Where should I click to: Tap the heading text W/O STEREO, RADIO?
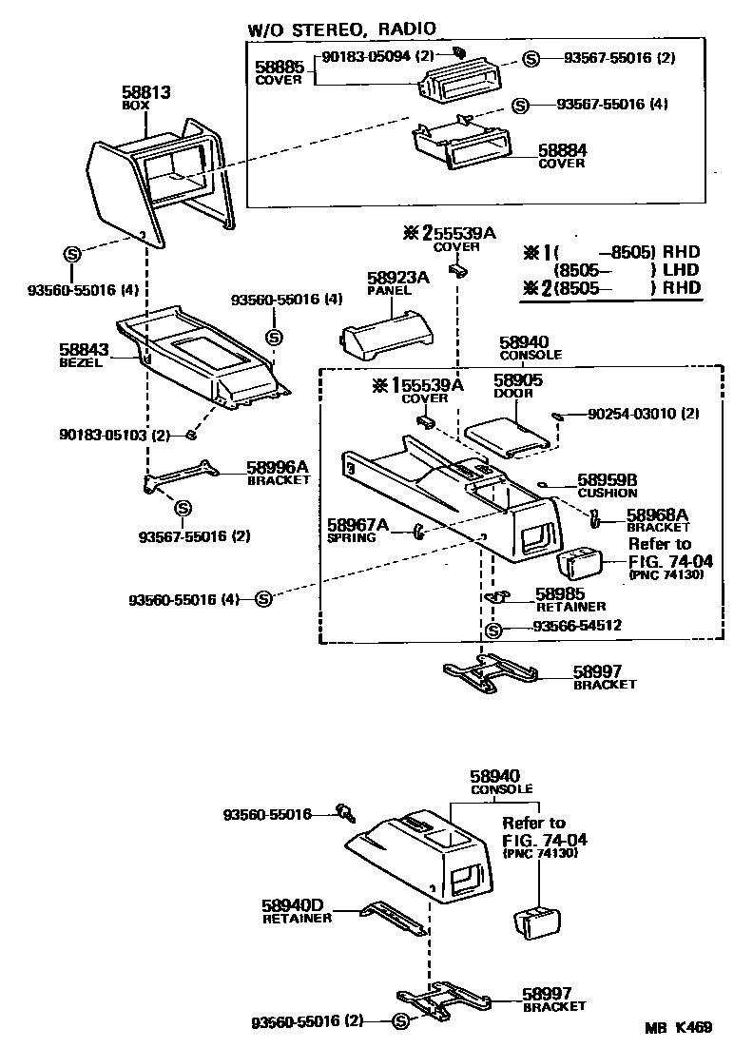pos(342,30)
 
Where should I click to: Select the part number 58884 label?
pos(563,150)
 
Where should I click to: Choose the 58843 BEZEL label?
pos(85,356)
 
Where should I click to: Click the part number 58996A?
pos(278,467)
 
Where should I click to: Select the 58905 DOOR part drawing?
pos(508,434)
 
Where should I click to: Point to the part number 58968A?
pos(658,514)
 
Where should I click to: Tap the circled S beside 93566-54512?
pos(492,629)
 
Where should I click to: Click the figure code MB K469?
pos(678,1027)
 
